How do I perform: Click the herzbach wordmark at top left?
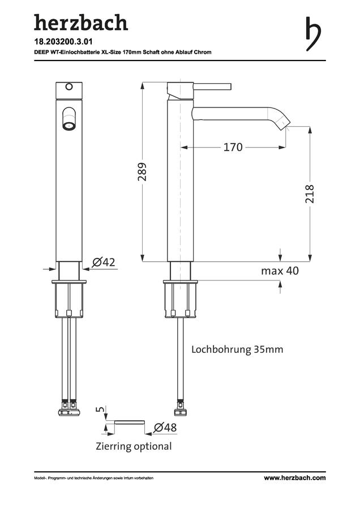(81, 23)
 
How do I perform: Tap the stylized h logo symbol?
(313, 34)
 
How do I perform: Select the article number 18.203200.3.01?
(63, 41)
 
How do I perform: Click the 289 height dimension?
(143, 172)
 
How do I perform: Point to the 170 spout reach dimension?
(233, 148)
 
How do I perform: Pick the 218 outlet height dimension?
(310, 194)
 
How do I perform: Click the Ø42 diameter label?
(104, 262)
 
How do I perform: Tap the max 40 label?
(280, 270)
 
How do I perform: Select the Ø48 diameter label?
(165, 428)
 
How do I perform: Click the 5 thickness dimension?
(101, 409)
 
